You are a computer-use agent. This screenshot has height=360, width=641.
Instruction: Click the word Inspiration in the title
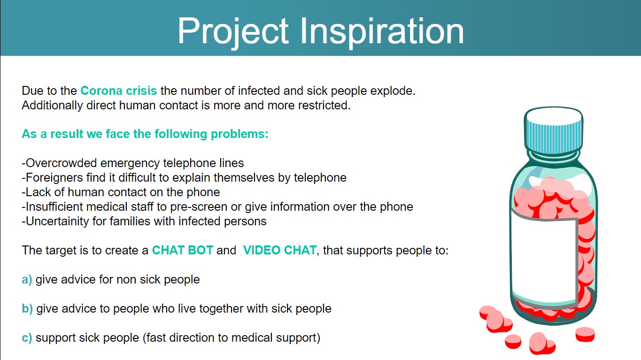tap(382, 31)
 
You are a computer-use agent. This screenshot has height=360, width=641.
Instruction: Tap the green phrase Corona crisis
tap(118, 91)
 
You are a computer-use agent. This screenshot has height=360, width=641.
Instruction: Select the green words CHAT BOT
tap(182, 250)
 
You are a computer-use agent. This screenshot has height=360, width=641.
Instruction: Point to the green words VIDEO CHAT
tap(280, 250)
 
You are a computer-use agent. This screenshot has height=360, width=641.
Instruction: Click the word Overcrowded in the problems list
tap(60, 163)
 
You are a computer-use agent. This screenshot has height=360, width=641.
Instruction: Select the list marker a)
tap(27, 280)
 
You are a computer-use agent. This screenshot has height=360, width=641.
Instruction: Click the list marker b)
tap(27, 309)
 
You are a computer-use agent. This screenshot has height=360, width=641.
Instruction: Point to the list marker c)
tap(27, 338)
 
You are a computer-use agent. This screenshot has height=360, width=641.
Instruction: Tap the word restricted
tap(324, 106)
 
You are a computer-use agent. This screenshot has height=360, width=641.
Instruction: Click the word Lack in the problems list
tap(38, 192)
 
